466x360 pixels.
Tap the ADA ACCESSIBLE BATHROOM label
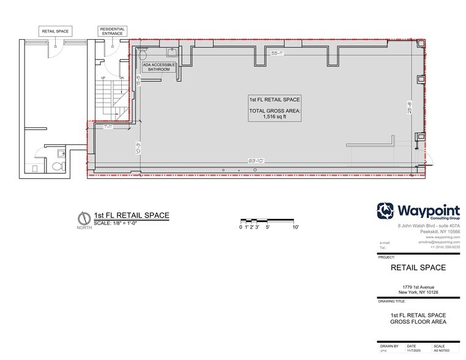(x=159, y=67)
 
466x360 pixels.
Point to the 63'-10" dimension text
(x=256, y=160)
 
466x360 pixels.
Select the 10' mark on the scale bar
(x=295, y=227)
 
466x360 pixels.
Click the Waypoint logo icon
(x=386, y=211)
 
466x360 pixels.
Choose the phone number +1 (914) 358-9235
(x=440, y=246)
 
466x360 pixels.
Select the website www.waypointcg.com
(x=443, y=237)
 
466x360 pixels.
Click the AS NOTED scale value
(x=441, y=351)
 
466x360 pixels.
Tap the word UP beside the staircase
(x=103, y=78)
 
